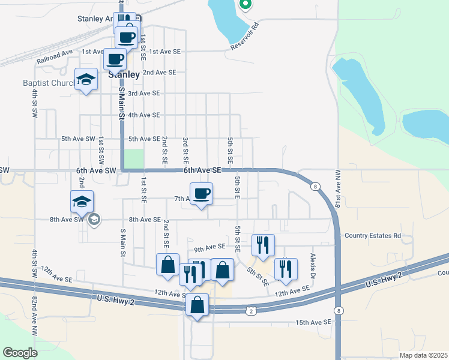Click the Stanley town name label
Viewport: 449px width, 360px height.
(124, 75)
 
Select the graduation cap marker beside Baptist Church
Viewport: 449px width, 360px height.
(86, 79)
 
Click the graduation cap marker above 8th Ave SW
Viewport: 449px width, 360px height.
(82, 202)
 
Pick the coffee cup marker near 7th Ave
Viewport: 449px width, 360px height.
(201, 194)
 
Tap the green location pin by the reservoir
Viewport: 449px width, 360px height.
(244, 5)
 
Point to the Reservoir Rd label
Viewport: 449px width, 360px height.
(246, 37)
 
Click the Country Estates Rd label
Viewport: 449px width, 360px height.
(372, 236)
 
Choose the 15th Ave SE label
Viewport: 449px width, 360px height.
(313, 322)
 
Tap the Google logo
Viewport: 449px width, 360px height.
(20, 353)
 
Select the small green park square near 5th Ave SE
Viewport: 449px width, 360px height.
(134, 159)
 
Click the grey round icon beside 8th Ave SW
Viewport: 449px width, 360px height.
(94, 220)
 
